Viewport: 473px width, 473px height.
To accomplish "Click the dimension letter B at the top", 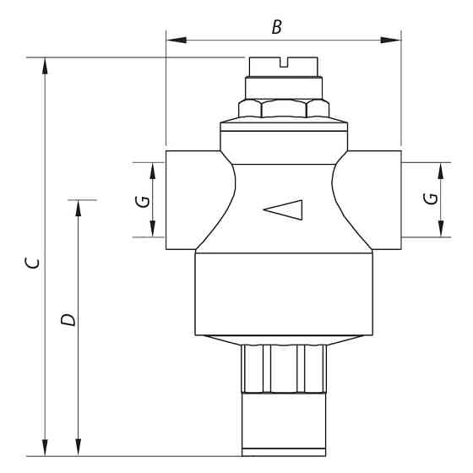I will click(276, 27).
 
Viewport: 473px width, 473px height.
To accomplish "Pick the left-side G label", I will click(144, 201).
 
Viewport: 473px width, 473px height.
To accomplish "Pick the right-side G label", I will click(431, 199).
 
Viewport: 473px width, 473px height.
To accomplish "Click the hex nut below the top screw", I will click(284, 108).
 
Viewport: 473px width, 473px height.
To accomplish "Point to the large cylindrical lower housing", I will click(284, 291).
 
